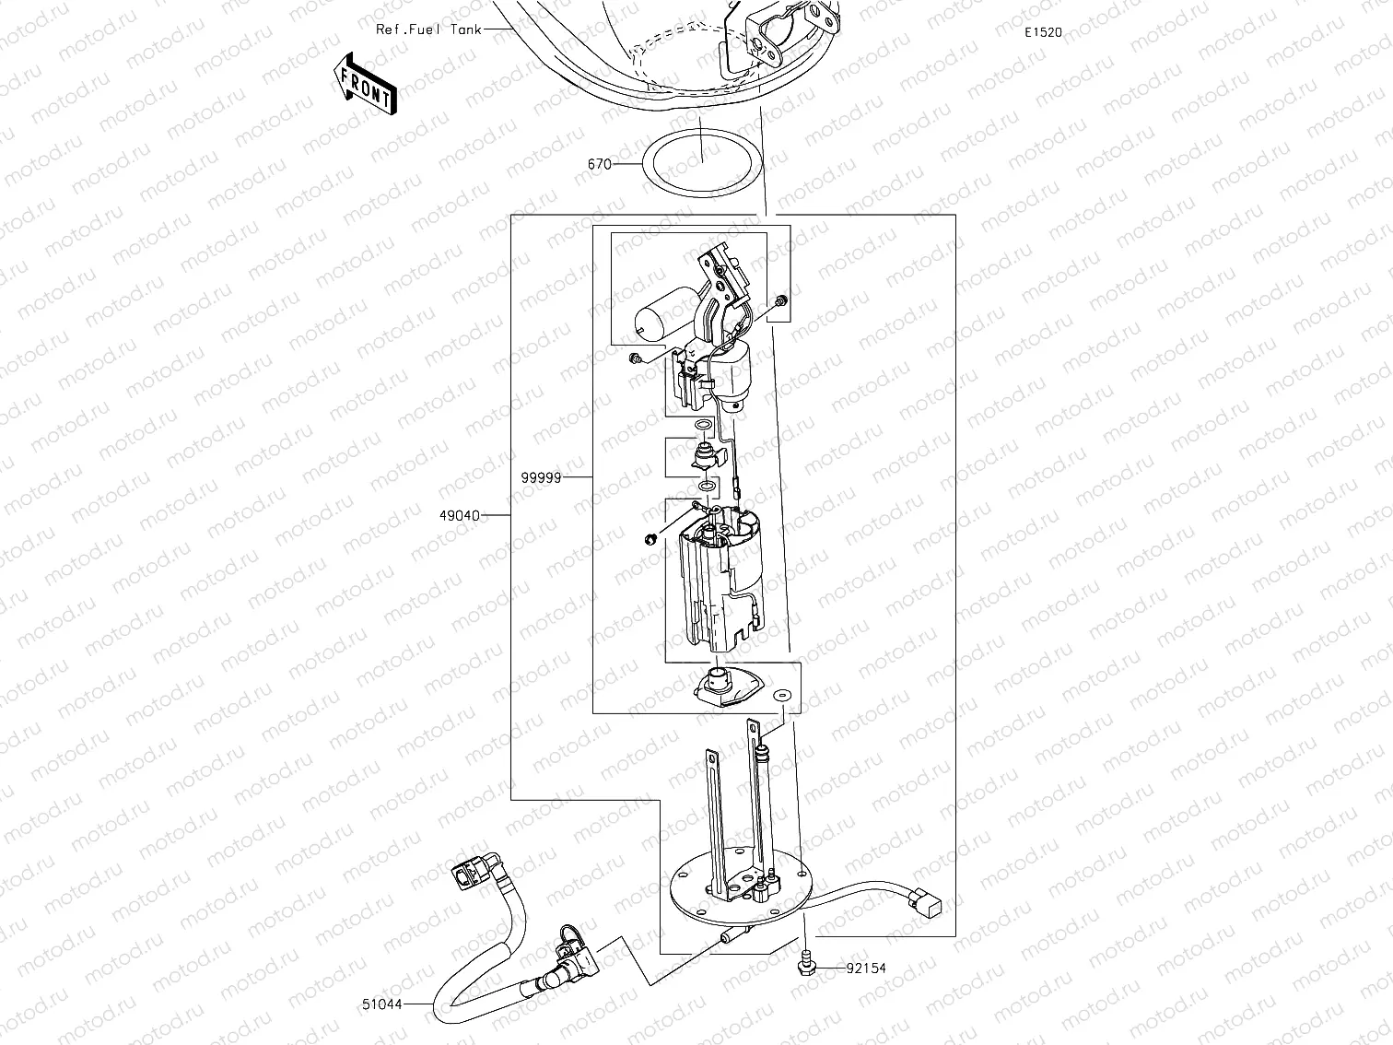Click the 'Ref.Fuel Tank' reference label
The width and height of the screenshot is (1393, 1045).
tap(428, 29)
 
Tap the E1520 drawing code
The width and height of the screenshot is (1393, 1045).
tap(1043, 32)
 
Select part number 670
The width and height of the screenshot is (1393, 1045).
tap(599, 164)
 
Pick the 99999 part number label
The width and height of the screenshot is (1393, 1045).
tap(541, 477)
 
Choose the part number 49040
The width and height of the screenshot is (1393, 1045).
tap(459, 516)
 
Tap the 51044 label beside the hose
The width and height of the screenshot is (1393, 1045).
tap(381, 1004)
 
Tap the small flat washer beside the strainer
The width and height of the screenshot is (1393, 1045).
tap(781, 694)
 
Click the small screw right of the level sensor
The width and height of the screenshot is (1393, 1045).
tap(781, 300)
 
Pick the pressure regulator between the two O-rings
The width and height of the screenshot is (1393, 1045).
tap(705, 454)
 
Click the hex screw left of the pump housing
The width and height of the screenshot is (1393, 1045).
tap(649, 538)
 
